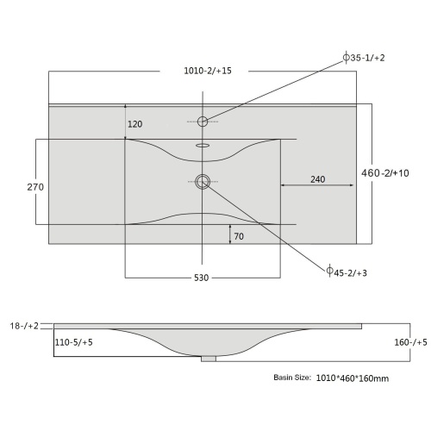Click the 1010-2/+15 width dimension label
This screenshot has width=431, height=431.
tap(208, 71)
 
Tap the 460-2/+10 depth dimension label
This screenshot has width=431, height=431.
tap(385, 173)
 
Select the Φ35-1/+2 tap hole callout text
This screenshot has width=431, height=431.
tap(364, 58)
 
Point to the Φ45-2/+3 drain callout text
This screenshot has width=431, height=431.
tap(347, 272)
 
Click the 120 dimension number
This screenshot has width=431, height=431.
tap(135, 124)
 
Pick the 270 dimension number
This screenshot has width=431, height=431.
tap(35, 187)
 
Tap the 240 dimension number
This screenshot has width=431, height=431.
tap(318, 179)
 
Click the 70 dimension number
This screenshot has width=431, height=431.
tap(239, 236)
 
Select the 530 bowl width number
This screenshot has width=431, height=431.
tap(201, 278)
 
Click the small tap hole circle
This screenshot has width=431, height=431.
tap(203, 116)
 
